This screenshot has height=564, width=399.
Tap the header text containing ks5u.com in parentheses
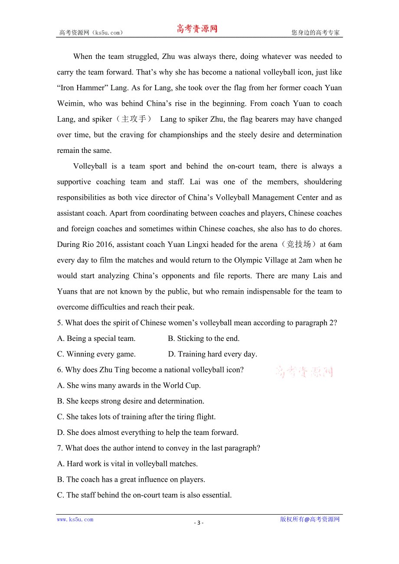point(91,32)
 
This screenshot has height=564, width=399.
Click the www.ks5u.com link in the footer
point(75,519)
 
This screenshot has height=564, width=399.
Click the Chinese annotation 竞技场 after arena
point(299,244)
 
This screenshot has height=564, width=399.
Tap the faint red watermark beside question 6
point(304,372)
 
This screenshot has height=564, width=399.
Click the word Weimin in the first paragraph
point(70,104)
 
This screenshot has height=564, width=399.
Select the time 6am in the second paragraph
point(335,244)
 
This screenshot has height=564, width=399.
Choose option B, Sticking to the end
point(203,338)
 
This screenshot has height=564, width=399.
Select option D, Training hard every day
point(213,354)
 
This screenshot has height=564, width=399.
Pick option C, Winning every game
point(96,354)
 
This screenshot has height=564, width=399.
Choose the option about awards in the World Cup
point(129,385)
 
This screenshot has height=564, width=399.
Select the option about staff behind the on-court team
point(144,495)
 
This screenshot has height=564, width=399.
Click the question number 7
point(60,448)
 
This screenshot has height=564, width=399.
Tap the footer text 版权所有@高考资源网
point(310,519)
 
